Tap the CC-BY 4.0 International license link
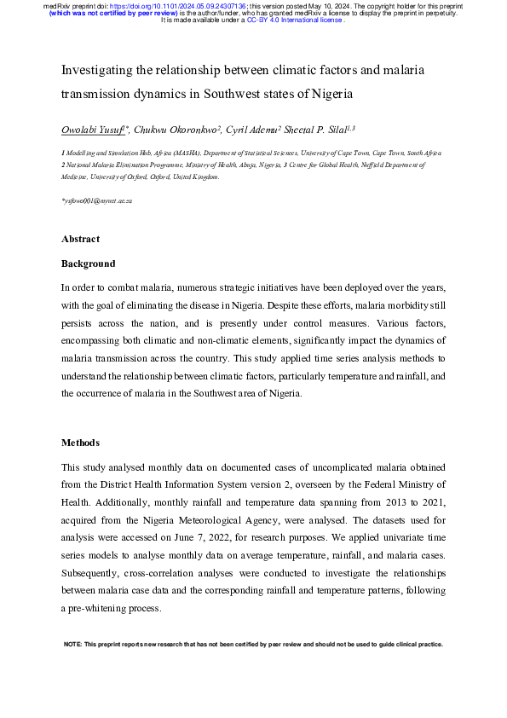coord(308,20)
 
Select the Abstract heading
coord(80,239)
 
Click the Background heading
coord(88,263)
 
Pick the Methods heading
coord(80,443)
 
